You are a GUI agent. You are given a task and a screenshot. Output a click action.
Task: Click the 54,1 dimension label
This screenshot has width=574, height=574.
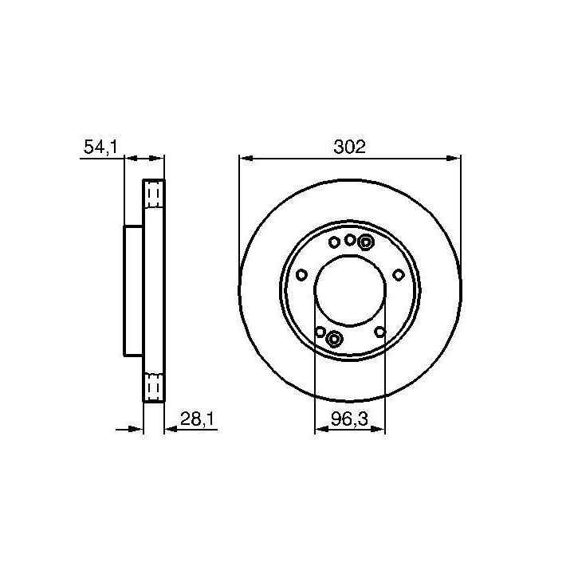point(100,147)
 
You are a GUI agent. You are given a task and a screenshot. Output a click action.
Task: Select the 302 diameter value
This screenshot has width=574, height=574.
point(350,147)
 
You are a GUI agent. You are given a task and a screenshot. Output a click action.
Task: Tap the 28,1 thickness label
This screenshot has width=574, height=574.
point(197,419)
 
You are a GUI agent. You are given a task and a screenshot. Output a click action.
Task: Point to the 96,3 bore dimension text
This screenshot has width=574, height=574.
point(349,419)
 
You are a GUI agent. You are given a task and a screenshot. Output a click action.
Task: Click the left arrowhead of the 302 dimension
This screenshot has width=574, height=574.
point(246,158)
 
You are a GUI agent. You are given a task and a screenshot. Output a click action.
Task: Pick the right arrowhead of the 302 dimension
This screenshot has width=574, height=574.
point(453,158)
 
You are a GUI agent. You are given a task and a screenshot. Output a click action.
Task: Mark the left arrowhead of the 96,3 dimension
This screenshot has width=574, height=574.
point(322,429)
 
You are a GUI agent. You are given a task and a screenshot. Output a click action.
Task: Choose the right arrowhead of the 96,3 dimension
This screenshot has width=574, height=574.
point(378,429)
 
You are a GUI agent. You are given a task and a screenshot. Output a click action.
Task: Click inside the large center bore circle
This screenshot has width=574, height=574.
point(350,290)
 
